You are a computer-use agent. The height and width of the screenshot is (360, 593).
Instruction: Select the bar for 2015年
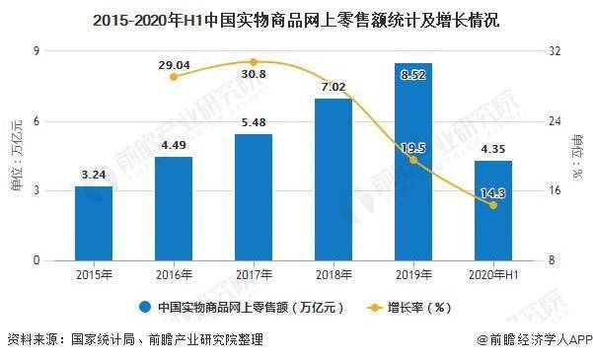point(94,223)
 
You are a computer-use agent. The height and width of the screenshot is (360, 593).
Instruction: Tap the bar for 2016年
point(174,208)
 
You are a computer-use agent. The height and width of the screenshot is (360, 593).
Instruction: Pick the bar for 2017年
point(254,197)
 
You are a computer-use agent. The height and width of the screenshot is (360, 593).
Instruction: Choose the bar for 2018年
point(334,180)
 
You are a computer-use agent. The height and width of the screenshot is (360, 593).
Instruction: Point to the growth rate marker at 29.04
point(174,76)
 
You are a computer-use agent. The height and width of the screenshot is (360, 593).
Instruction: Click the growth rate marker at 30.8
point(254,61)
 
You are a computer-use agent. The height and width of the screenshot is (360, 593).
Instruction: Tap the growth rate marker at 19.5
point(413,160)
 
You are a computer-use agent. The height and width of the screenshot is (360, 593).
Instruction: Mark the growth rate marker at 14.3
point(493,205)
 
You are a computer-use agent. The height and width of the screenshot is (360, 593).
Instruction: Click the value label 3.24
point(94,176)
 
